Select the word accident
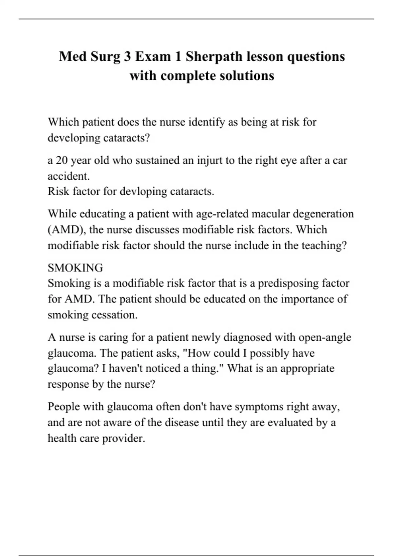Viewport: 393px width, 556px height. (68, 176)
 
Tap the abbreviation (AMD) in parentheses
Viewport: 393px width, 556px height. (67, 230)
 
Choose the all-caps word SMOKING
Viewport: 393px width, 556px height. (75, 268)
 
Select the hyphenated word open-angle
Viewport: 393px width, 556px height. (325, 338)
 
